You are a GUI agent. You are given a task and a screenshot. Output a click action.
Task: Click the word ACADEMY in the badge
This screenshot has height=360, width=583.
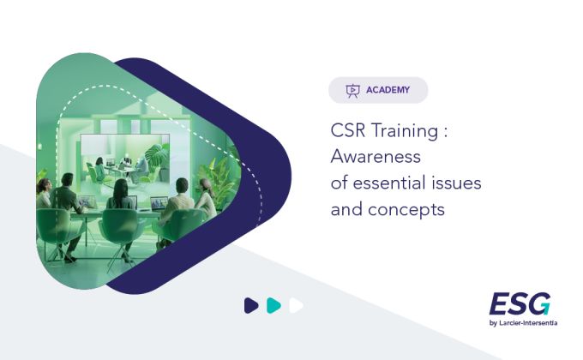(x=388, y=90)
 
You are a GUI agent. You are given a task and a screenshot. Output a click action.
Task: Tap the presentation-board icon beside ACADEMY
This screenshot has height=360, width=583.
(x=353, y=91)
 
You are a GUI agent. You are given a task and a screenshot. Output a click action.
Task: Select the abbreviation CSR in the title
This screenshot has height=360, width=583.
(x=347, y=130)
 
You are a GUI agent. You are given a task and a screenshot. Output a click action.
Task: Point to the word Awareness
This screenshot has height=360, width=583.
(x=376, y=157)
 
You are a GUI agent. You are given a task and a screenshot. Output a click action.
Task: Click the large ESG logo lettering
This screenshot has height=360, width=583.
(x=520, y=303)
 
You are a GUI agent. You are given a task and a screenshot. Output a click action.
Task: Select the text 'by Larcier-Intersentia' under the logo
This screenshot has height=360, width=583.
(x=523, y=323)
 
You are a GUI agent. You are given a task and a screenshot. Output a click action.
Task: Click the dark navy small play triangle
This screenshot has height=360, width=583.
(x=251, y=306)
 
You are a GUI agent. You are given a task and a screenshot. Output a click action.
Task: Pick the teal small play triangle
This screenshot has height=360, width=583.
(x=273, y=306)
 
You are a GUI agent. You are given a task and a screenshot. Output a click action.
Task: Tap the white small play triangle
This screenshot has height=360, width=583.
(x=296, y=306)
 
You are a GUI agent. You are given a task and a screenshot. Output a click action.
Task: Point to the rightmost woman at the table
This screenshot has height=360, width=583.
(x=206, y=199)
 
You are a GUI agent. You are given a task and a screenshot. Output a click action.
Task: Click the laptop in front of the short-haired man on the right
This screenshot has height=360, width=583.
(x=159, y=203)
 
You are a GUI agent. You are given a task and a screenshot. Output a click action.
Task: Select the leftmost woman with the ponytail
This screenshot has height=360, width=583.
(x=44, y=194)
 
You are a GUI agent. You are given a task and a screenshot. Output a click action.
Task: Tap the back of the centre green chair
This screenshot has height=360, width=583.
(x=121, y=224)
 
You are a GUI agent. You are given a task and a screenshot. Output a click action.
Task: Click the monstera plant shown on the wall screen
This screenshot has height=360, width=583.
(x=158, y=155)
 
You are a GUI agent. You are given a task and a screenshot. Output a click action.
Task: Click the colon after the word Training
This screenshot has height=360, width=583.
(x=446, y=132)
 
